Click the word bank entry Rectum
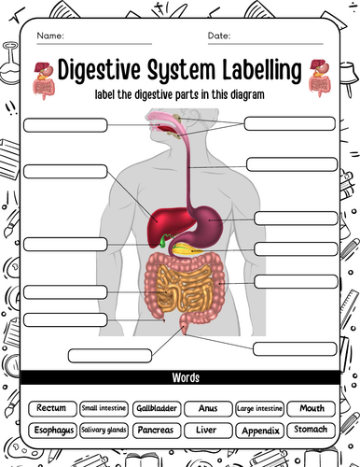coord(52,408)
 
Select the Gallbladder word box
coord(157,408)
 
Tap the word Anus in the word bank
coord(208,408)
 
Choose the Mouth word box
coord(312,408)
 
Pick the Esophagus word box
coord(52,431)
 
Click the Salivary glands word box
coord(104,431)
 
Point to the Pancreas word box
coord(157,431)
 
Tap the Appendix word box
coord(260,431)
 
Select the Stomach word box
coord(312,431)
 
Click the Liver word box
coord(208,431)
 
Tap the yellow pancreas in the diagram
coord(187,249)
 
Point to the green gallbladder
coord(163,241)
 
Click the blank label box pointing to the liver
coord(65,172)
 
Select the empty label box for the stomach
coord(296,219)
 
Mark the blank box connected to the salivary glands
coord(290,123)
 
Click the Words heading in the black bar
coord(186,377)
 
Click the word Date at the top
coord(218,35)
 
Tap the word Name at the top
coord(50,35)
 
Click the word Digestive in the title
coord(100,70)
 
